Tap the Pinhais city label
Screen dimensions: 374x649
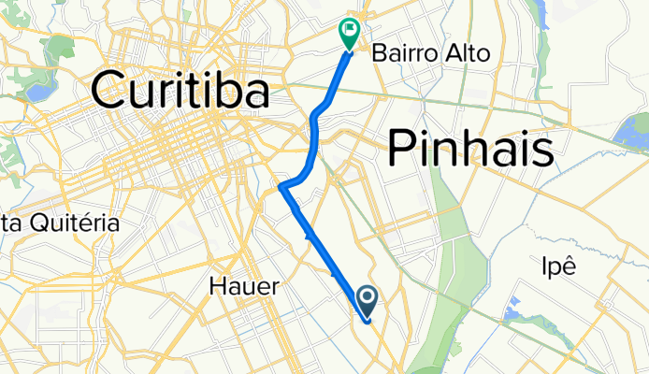tap(469, 149)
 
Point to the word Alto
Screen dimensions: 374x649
tap(469, 54)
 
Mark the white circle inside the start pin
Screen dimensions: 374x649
tap(367, 298)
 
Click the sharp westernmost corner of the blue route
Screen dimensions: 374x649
tap(281, 187)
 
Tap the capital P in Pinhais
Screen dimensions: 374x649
tap(399, 149)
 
